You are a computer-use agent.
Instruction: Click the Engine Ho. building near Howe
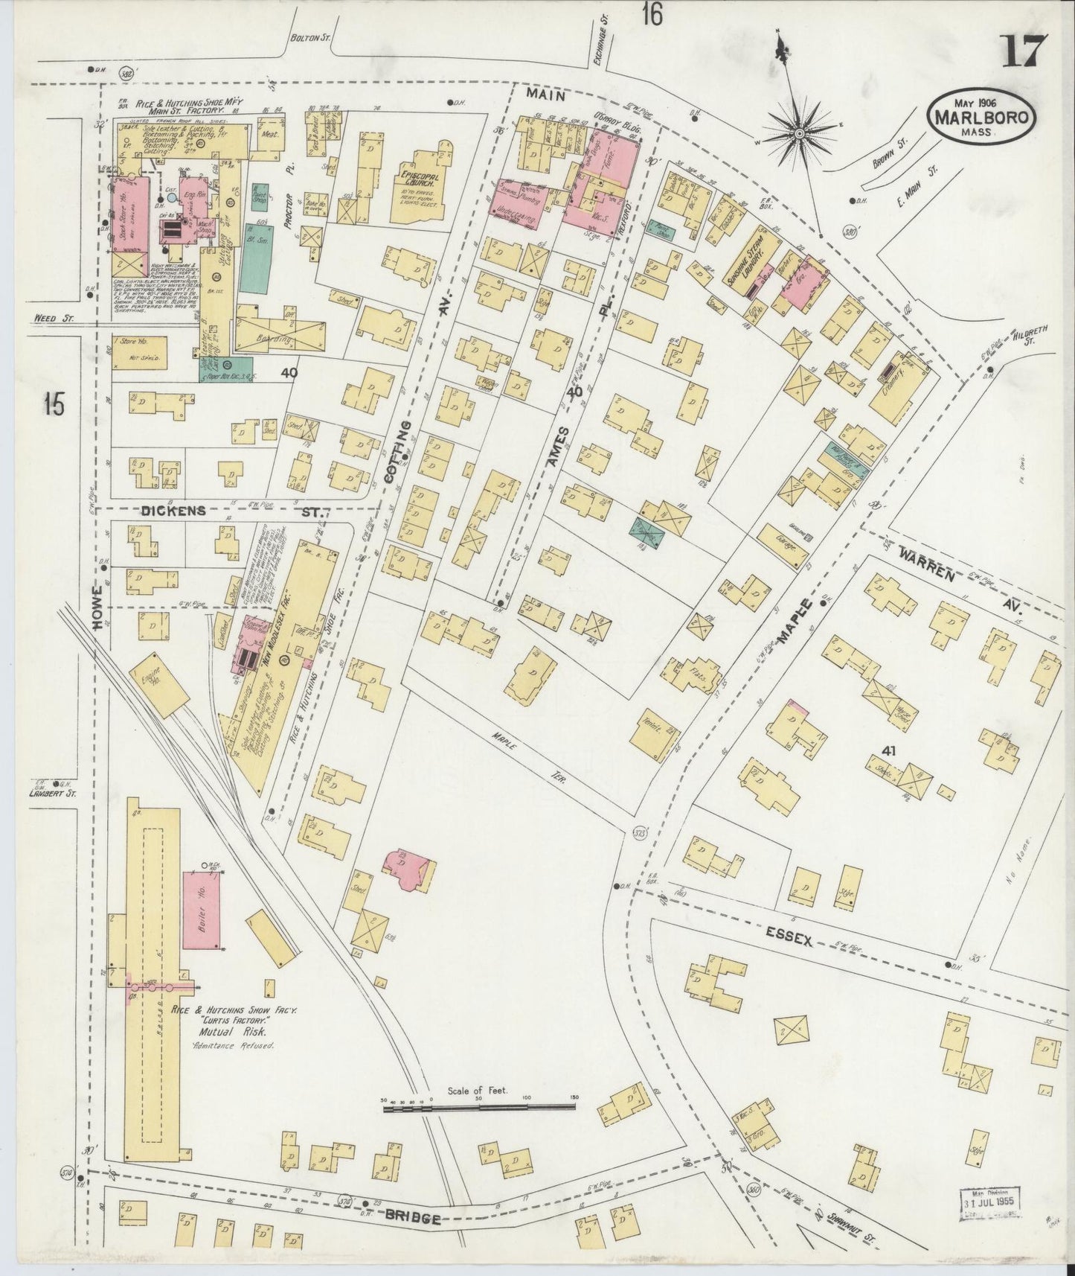click(149, 684)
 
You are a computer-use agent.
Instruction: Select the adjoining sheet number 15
click(54, 405)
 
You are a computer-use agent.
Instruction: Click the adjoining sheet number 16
click(652, 14)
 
